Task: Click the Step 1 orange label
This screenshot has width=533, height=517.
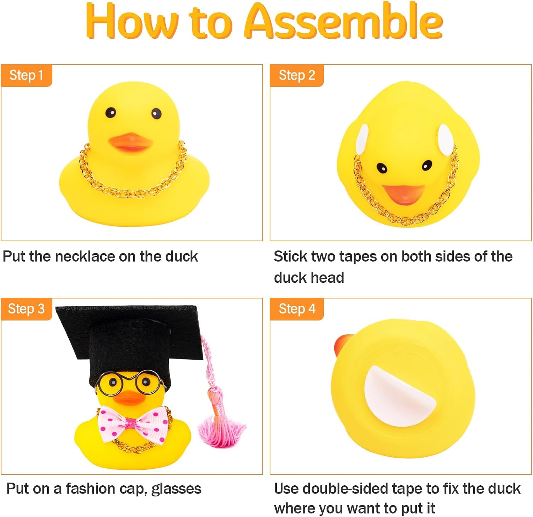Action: [x=27, y=75]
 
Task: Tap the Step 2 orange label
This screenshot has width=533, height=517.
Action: [x=297, y=75]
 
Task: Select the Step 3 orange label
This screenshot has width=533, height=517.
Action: [x=27, y=309]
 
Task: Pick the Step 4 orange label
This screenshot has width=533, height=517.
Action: [x=297, y=309]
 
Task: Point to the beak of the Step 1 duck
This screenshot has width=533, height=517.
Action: [x=130, y=142]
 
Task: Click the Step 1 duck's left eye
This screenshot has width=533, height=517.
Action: [x=111, y=113]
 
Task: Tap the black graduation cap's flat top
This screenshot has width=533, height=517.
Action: [x=130, y=329]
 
